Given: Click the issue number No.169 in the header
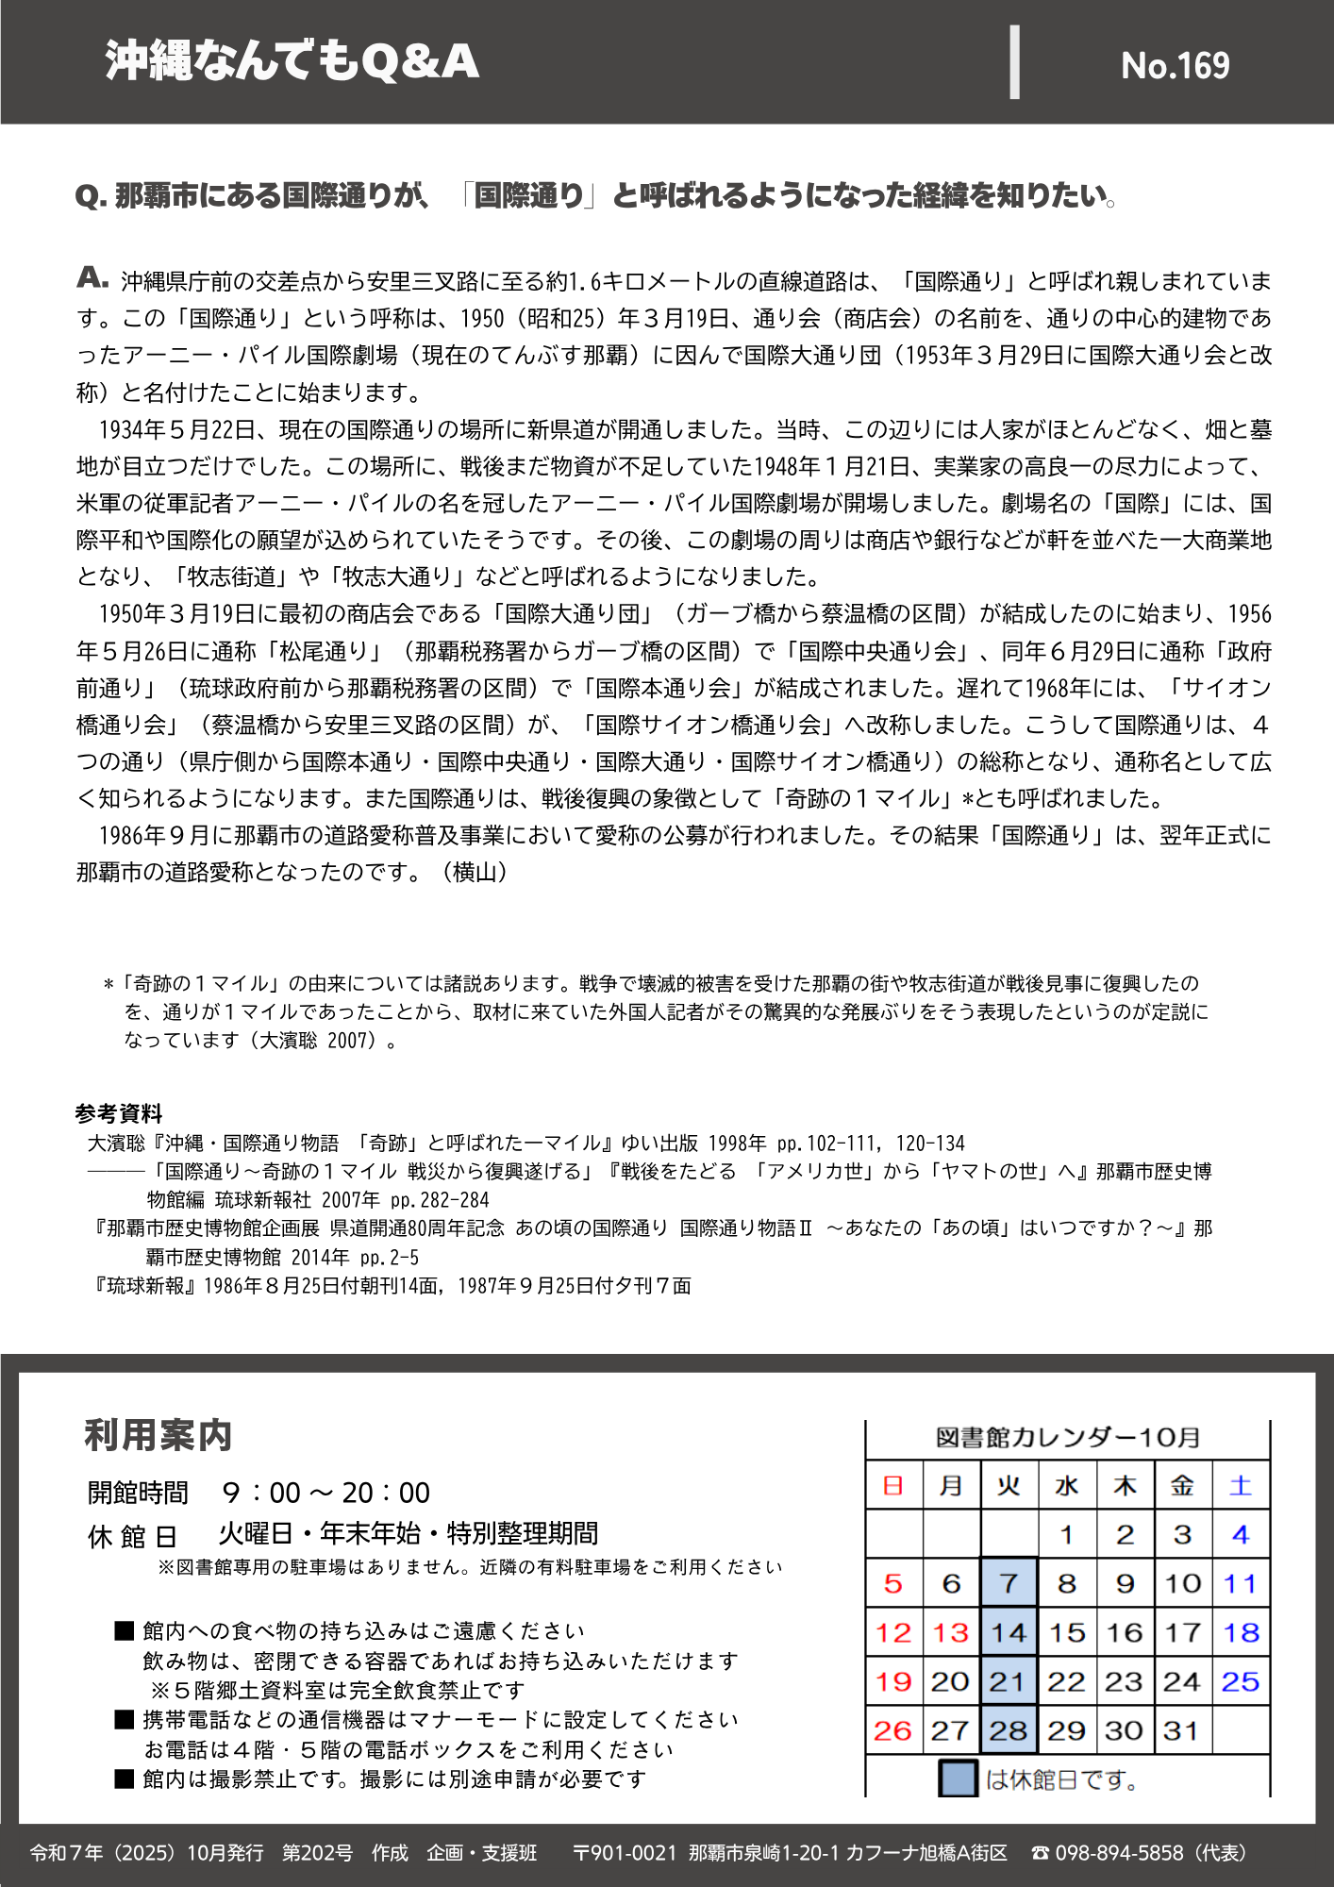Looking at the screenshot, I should (x=1175, y=65).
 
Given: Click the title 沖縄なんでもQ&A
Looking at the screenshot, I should (x=292, y=61).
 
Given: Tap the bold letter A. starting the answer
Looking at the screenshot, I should (x=92, y=277).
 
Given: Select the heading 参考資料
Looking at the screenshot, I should (x=119, y=1113).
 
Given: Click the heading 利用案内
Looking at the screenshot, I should (x=158, y=1435).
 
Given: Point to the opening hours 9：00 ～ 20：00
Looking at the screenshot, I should (x=326, y=1493).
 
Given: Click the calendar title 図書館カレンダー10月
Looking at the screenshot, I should (x=1067, y=1437).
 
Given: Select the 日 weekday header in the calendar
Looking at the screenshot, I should (x=893, y=1486).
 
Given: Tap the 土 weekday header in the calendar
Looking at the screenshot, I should (x=1241, y=1486).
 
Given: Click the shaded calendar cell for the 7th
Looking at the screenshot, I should (x=1009, y=1583).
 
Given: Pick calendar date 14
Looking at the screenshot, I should (x=1009, y=1632).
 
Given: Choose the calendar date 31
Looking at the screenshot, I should (x=1181, y=1730).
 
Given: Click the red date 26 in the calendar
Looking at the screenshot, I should (x=893, y=1730).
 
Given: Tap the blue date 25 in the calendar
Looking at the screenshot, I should (x=1241, y=1681).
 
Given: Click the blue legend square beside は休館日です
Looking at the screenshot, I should (x=958, y=1778).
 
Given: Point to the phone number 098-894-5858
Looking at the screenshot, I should (x=1118, y=1853).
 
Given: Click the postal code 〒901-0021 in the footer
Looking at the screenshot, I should (x=625, y=1853).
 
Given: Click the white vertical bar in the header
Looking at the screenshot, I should (x=1014, y=62).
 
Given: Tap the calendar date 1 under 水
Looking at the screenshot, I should (x=1067, y=1535).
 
